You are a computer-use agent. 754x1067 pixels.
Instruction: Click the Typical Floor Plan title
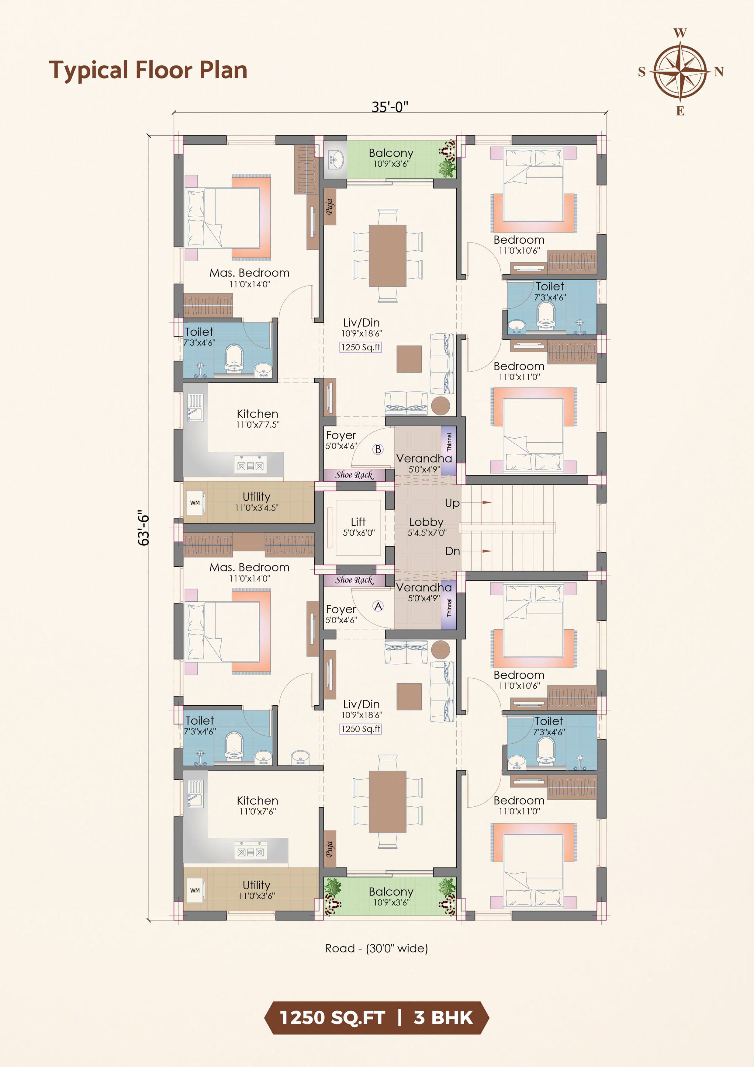(148, 70)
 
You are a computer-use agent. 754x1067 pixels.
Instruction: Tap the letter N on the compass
(719, 71)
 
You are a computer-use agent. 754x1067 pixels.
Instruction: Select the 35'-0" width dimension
(390, 106)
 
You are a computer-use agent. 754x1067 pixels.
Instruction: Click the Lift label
(358, 521)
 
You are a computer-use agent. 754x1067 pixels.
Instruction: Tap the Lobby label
(426, 522)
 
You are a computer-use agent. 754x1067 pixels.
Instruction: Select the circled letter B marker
(378, 449)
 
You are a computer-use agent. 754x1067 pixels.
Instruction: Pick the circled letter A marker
(378, 606)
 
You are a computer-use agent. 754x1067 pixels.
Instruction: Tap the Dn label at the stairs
(452, 551)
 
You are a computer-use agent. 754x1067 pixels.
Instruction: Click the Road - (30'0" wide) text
(376, 948)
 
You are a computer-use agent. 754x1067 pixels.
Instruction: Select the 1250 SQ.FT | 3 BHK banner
(376, 1018)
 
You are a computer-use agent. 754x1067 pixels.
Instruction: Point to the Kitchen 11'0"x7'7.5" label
(258, 418)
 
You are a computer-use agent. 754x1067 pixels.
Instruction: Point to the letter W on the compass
(680, 33)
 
